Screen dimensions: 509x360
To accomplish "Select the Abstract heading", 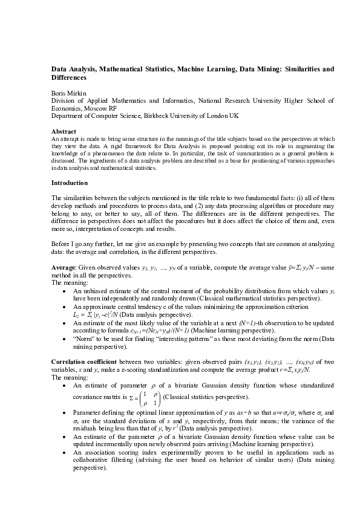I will coord(64,131).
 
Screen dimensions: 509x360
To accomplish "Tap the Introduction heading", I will coord(70,183).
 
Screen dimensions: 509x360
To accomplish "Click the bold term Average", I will coord(64,268).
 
